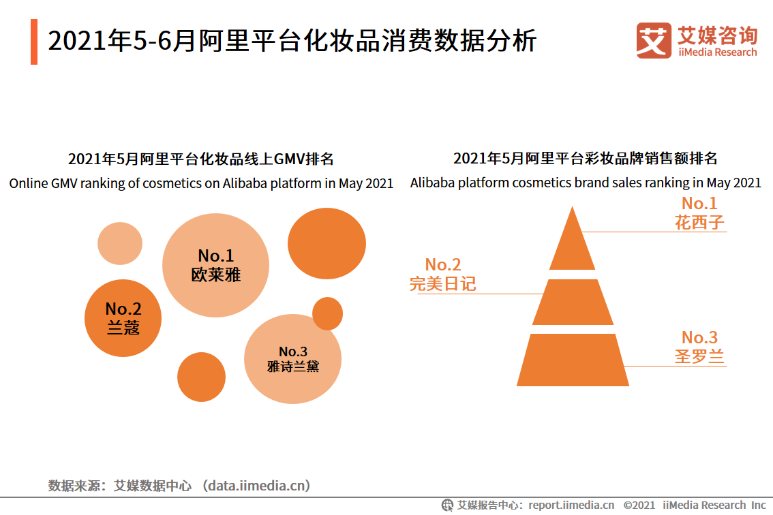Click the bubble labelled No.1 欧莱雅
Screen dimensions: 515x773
[215, 265]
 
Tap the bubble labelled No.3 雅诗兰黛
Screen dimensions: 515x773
[292, 359]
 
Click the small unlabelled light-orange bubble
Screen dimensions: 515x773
[120, 243]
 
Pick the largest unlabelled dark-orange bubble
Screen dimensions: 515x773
[327, 243]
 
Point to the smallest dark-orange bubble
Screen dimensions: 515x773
[327, 313]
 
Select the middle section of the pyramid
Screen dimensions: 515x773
[573, 302]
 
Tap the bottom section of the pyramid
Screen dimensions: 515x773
[573, 360]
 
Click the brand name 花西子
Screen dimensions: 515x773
[699, 222]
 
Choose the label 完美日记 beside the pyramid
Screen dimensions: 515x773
[443, 284]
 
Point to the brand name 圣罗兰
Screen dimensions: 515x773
[699, 356]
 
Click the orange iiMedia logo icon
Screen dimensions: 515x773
[654, 40]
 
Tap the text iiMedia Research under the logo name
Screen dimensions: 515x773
[717, 52]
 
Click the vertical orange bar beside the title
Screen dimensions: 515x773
[34, 42]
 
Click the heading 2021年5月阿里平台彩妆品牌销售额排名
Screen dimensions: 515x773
[585, 159]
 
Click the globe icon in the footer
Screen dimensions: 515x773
[447, 505]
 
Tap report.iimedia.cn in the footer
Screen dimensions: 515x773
[571, 505]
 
